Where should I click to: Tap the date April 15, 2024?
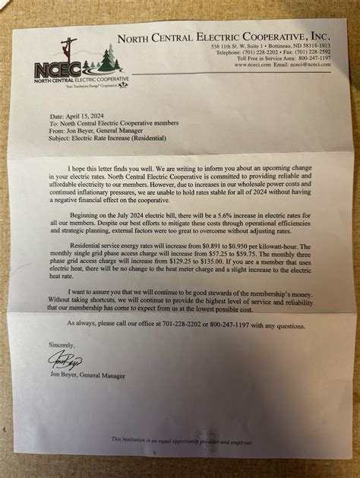point(86,116)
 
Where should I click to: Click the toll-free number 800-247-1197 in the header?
point(313,58)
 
